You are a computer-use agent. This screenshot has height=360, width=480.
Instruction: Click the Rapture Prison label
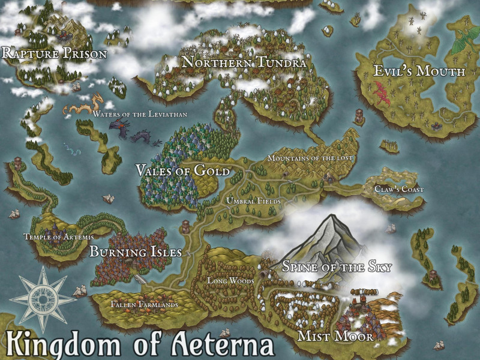coord(55,54)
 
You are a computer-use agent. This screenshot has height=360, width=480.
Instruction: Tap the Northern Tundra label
coord(244,62)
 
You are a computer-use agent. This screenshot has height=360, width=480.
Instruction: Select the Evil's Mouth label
coord(419,71)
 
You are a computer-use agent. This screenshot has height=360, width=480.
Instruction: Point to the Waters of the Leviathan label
coord(140,113)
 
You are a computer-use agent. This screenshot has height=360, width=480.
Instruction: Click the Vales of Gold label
coord(183,171)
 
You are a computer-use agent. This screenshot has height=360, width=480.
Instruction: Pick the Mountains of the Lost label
coord(310,158)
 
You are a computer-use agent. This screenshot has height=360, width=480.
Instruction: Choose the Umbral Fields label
coord(253,201)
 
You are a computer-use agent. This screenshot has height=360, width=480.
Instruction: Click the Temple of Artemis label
coord(58,237)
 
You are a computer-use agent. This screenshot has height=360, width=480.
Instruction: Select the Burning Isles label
coord(136,252)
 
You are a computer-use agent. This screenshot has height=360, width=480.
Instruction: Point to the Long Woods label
coord(231,280)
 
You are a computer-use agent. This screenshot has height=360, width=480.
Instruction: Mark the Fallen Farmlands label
coord(144,305)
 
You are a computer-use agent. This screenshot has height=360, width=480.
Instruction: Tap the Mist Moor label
coord(336,337)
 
